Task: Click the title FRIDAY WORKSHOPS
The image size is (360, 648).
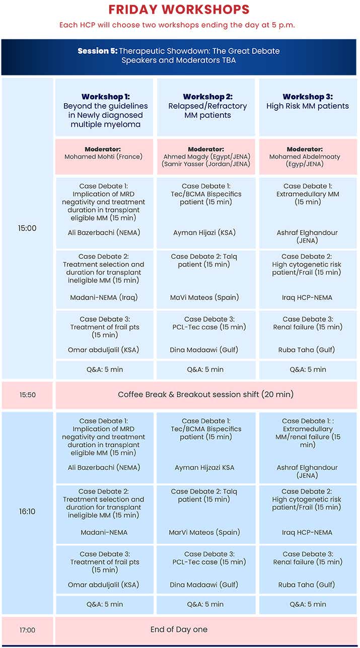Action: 180,10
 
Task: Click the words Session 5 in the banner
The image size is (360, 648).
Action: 97,51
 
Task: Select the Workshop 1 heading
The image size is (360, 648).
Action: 106,97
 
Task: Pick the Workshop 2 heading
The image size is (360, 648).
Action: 207,97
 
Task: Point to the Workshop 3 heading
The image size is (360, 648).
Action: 307,97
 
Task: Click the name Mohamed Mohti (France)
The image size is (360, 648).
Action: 104,157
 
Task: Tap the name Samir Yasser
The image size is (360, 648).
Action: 207,164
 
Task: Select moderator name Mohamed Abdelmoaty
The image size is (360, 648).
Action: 308,157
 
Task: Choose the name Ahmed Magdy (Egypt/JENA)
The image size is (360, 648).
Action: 207,157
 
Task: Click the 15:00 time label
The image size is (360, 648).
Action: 27,228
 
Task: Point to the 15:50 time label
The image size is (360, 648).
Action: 27,395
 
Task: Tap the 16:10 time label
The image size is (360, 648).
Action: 27,512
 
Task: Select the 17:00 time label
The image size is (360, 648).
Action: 27,630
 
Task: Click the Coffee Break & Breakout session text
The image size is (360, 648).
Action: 205,394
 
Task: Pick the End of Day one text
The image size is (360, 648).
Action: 179,629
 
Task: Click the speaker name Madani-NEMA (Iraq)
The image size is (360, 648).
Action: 104,298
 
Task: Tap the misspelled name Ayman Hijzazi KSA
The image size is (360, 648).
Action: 204,468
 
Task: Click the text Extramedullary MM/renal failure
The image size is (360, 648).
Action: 308,433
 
